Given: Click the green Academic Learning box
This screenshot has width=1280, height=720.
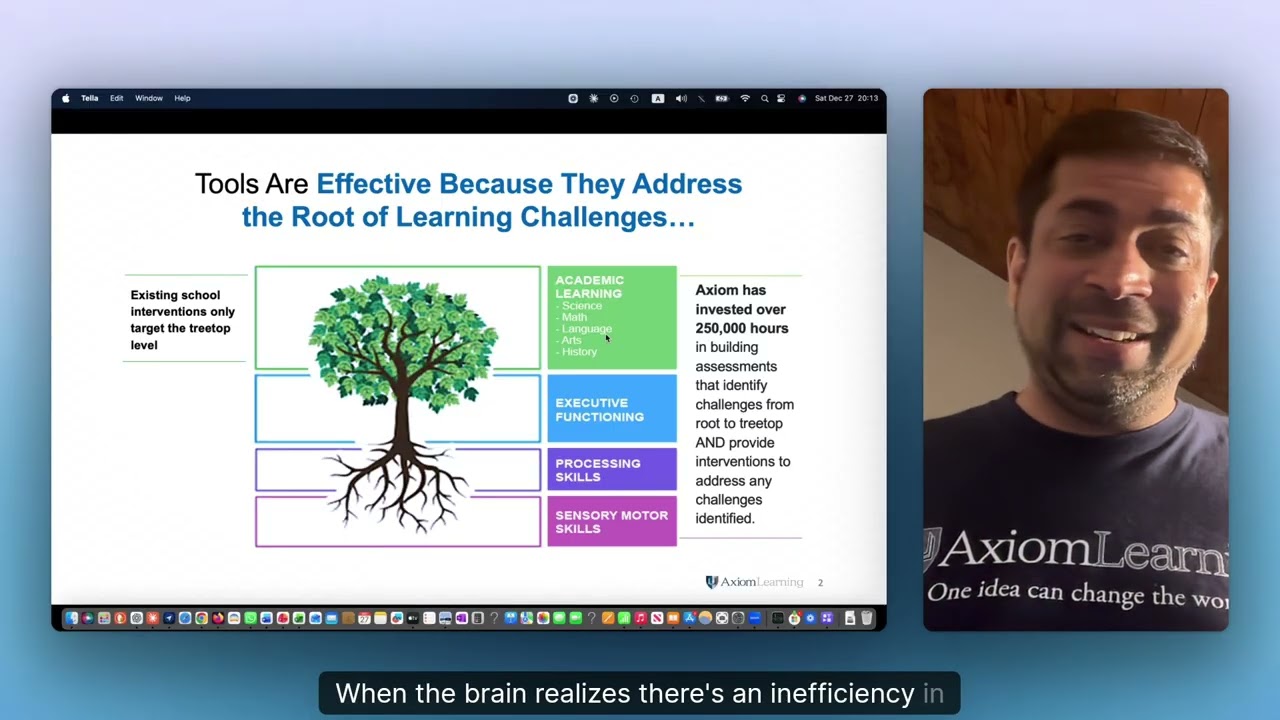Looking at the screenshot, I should coord(612,317).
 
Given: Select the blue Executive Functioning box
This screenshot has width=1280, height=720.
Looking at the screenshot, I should coord(612,409).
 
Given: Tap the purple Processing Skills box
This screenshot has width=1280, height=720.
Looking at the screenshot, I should coord(612,470).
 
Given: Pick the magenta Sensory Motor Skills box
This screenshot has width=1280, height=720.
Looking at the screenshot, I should coord(612,522).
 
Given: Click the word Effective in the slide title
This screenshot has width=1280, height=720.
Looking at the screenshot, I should coord(374,184).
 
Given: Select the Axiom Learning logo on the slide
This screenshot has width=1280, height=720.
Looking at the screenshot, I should coord(754,582).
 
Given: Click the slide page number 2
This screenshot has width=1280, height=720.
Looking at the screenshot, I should coord(821,582).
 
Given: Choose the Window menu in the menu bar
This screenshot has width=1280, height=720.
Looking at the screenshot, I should coord(149,98).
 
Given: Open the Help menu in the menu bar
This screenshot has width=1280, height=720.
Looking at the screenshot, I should coord(182,98).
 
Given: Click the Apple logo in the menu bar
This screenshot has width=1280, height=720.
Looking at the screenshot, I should coord(66,98).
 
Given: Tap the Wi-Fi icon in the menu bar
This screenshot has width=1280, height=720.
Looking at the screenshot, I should coord(745,98).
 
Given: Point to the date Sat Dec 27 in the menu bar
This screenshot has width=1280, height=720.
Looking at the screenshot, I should coord(834,98).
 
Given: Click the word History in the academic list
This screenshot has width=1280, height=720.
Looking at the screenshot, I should coord(579,352).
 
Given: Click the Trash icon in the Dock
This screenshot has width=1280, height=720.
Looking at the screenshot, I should coord(866,619).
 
